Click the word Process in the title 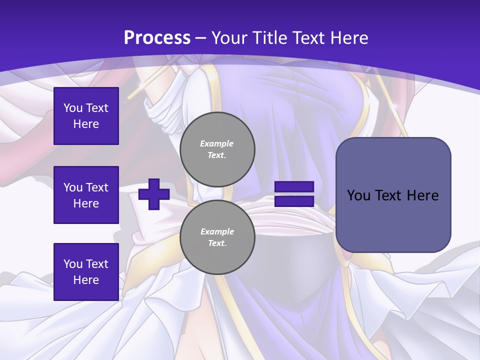157,38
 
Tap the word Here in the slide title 347,38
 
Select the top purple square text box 86,116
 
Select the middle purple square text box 86,195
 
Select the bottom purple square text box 86,272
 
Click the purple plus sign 154,194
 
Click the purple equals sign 294,194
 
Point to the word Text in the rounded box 391,195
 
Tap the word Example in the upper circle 217,143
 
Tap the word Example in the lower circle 217,231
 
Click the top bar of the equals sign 294,187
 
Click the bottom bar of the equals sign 294,201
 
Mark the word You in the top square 73,108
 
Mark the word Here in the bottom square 86,280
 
